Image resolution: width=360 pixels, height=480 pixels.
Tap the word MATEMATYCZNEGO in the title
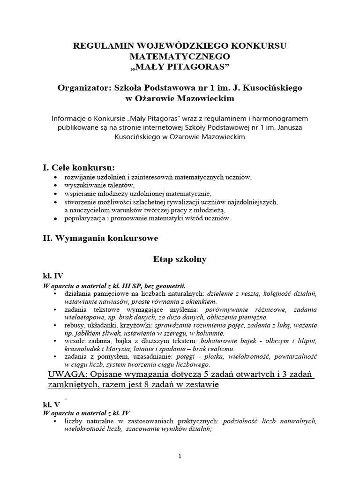coord(180,56)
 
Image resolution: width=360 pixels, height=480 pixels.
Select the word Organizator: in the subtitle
coord(84,88)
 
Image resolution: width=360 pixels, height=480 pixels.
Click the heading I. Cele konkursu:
coord(78,167)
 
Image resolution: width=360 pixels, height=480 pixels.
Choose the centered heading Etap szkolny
coord(180,259)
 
